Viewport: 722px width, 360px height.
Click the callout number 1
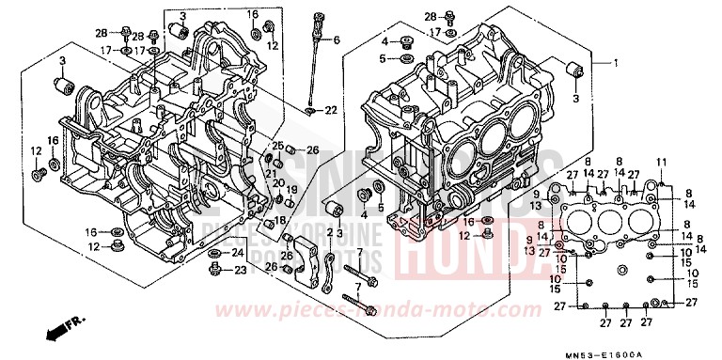point(617,63)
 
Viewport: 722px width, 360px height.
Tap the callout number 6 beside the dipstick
point(337,39)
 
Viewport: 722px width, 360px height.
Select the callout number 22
point(331,111)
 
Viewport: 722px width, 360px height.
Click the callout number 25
point(278,145)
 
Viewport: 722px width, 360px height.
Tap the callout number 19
point(291,189)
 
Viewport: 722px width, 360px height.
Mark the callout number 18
point(280,220)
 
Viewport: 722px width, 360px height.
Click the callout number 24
point(238,253)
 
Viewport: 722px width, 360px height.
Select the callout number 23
point(239,271)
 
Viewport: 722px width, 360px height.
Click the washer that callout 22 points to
point(310,111)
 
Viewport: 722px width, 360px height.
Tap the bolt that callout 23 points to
point(215,271)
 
